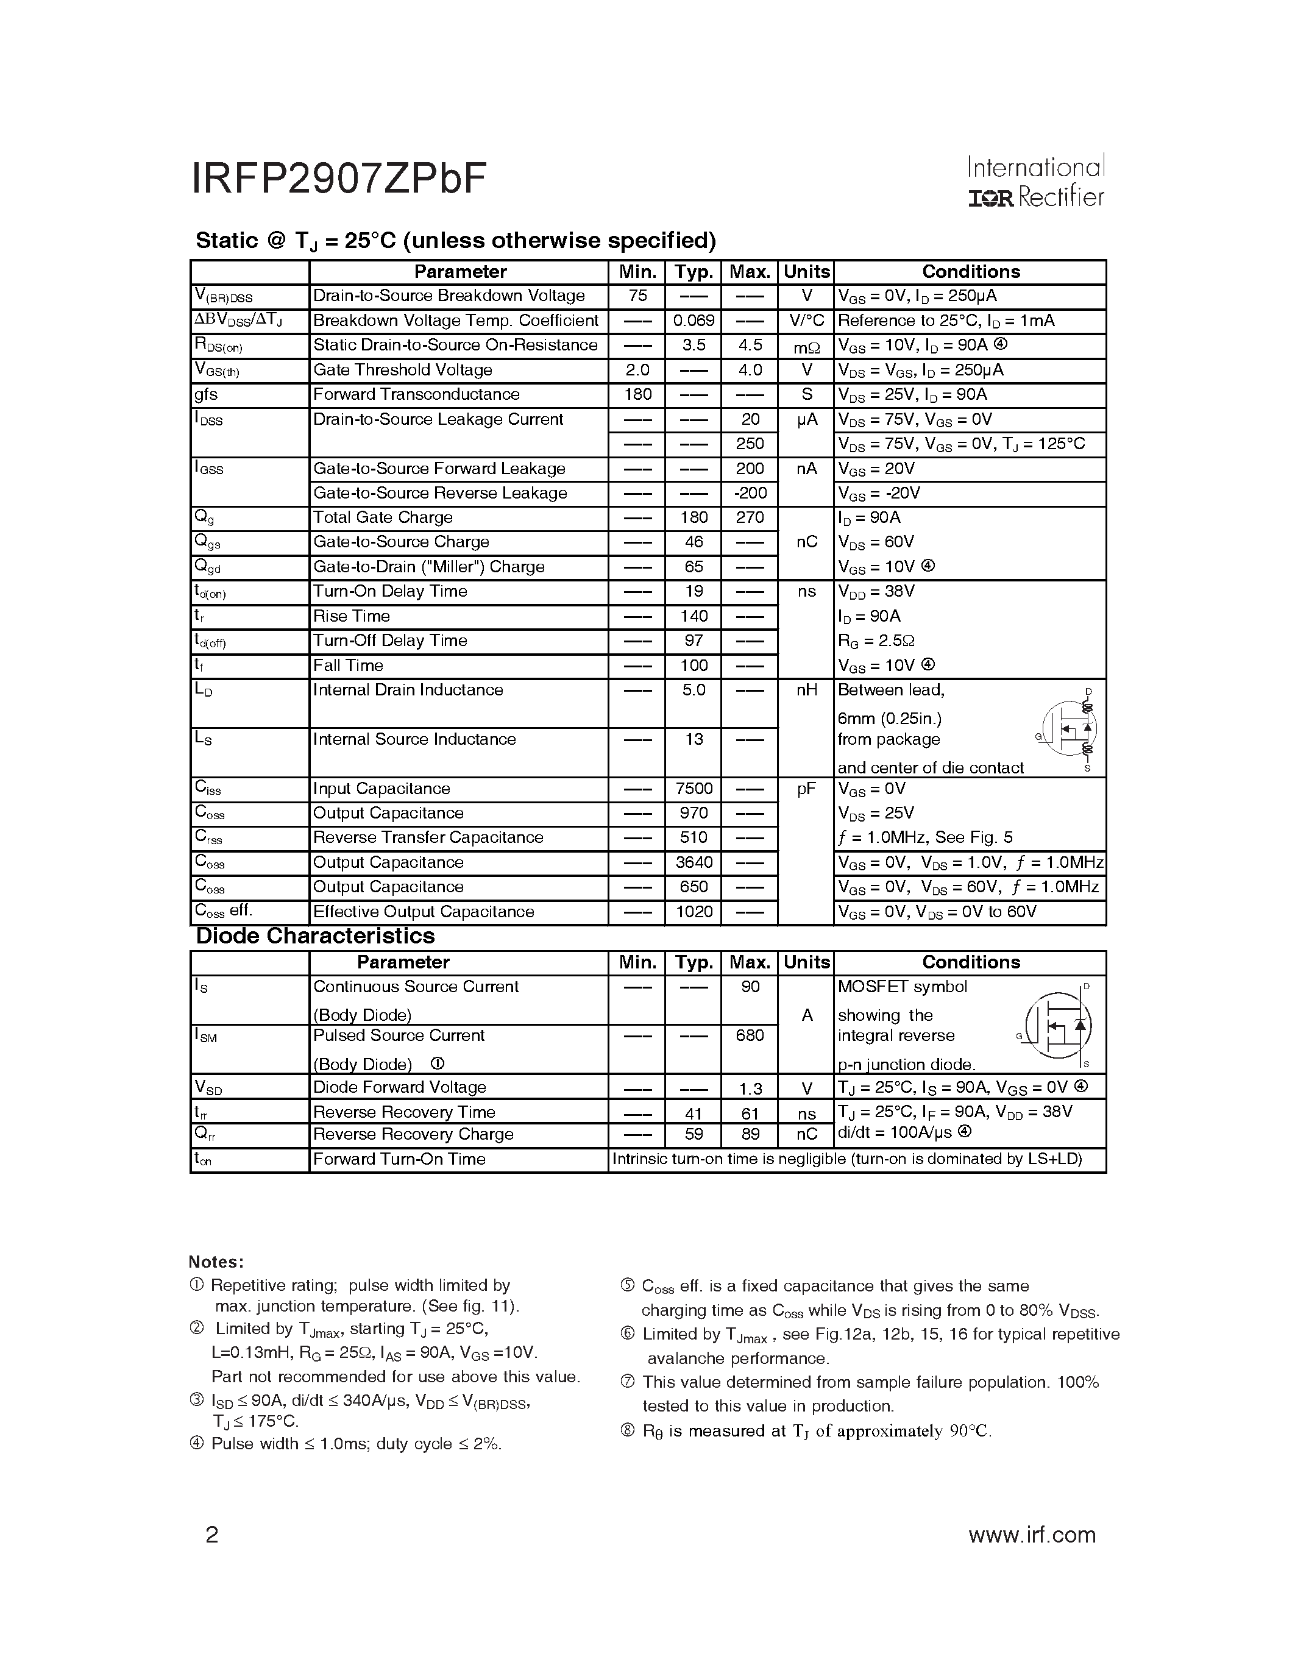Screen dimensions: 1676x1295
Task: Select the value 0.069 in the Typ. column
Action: tap(693, 321)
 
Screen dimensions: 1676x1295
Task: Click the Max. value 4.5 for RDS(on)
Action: tap(750, 346)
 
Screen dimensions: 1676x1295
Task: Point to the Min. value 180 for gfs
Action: tap(637, 394)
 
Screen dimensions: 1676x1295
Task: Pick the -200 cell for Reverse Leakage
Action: tap(750, 494)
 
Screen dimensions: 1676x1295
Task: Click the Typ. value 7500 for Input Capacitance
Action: tap(693, 789)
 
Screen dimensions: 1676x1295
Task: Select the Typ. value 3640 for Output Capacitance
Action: tap(693, 862)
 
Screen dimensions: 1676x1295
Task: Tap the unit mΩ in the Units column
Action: tap(806, 347)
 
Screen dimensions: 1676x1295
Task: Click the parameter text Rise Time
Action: tap(352, 616)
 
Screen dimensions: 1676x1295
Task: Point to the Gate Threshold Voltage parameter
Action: tap(402, 370)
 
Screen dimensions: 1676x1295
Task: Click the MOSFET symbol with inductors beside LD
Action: tap(1071, 729)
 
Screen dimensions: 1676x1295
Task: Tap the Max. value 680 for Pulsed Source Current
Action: tap(750, 1036)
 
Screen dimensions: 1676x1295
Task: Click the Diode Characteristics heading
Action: tap(315, 936)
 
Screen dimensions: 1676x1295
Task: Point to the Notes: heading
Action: tap(216, 1262)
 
